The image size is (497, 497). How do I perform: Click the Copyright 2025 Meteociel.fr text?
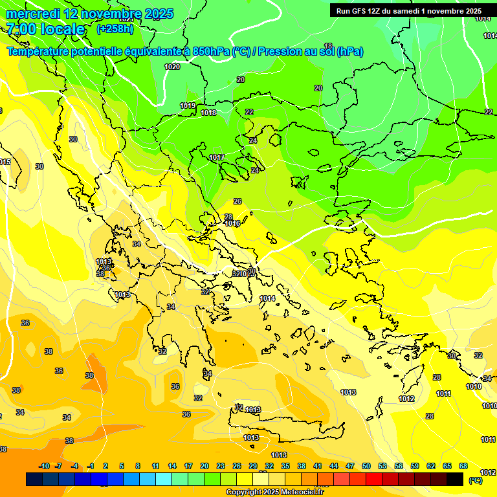tap(275, 492)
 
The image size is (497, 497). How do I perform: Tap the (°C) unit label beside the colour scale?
tap(475, 480)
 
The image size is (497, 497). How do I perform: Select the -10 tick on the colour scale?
tap(44, 467)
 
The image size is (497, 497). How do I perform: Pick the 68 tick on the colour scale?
tap(463, 467)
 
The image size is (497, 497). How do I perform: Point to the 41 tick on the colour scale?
tap(318, 467)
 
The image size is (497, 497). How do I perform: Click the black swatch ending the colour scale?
tap(455, 479)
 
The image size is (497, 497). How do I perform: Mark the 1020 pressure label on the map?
tap(172, 67)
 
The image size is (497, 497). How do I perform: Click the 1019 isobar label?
tap(188, 105)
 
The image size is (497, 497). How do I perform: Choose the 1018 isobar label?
tap(208, 113)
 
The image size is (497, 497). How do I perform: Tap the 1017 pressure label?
tap(217, 158)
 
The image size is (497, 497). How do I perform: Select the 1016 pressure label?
tap(232, 224)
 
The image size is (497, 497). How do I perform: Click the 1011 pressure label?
tap(443, 393)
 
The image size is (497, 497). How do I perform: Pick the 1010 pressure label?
tap(474, 386)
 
